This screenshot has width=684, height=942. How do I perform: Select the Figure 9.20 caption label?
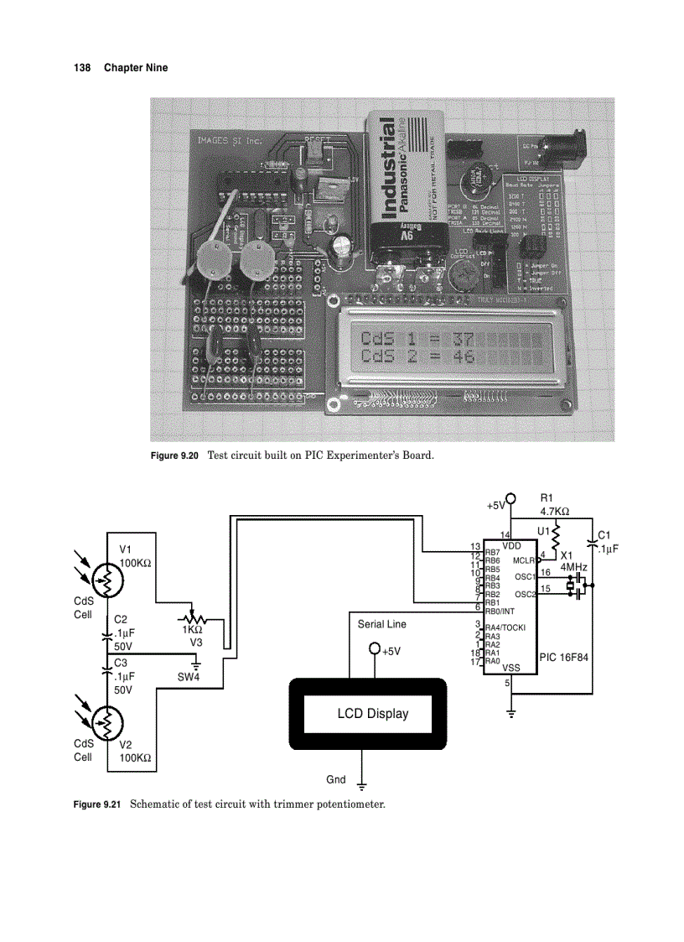(x=174, y=456)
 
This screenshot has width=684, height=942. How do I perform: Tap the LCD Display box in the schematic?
(x=372, y=714)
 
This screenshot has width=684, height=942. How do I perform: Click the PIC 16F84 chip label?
(x=564, y=657)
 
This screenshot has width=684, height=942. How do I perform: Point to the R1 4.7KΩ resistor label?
(x=554, y=505)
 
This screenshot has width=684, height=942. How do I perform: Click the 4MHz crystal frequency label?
(x=574, y=567)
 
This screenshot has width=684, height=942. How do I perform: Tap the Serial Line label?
(x=381, y=624)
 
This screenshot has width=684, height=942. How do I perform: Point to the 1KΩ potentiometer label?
(x=192, y=629)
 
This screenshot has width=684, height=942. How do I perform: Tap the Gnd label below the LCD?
(x=335, y=779)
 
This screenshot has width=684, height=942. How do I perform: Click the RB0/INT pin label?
(x=502, y=611)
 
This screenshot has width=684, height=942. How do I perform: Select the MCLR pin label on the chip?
(x=524, y=560)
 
